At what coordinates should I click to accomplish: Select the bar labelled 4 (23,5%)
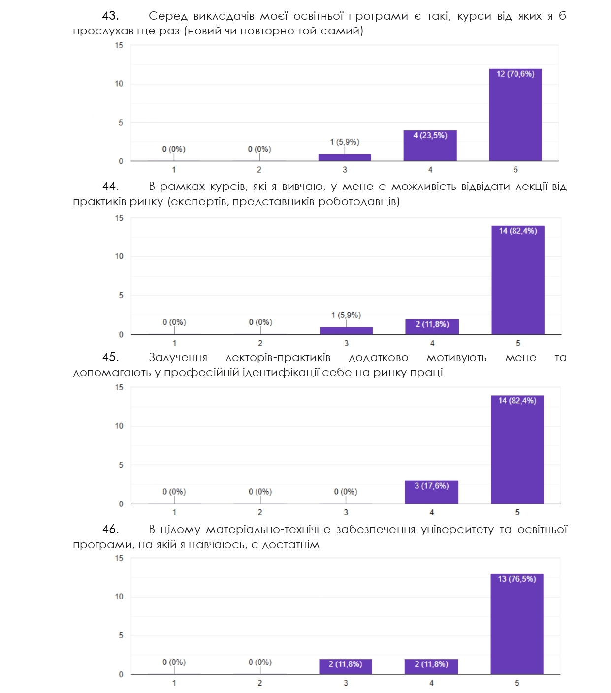[x=430, y=146]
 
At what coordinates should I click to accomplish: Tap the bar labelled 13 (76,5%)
[x=516, y=624]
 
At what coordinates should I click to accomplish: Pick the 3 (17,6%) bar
[x=431, y=492]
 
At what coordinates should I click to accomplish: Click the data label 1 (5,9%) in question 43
[x=345, y=142]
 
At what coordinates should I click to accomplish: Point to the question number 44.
[x=110, y=186]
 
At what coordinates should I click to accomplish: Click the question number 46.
[x=110, y=529]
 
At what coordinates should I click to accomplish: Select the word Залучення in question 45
[x=178, y=358]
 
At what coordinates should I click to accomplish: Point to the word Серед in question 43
[x=168, y=16]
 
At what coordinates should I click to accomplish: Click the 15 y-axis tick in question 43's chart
[x=119, y=45]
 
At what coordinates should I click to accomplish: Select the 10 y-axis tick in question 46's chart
[x=119, y=597]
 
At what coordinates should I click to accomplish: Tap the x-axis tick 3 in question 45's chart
[x=346, y=512]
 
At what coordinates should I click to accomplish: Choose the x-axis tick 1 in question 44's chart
[x=174, y=343]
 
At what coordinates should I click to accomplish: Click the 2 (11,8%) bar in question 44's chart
[x=432, y=327]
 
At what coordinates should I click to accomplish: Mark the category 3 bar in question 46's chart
[x=345, y=667]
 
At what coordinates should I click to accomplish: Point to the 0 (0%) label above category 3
[x=346, y=492]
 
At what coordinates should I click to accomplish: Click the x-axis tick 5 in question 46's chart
[x=517, y=683]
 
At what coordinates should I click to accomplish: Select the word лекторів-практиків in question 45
[x=278, y=358]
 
